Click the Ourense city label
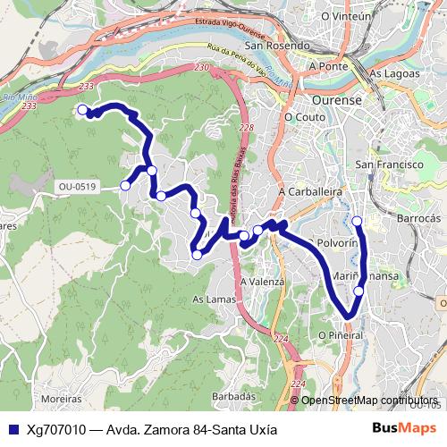(336, 100)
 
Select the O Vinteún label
(345, 16)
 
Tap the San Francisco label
(388, 165)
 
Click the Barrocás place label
(418, 217)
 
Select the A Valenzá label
(262, 281)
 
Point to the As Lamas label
(214, 299)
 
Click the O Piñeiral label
(341, 334)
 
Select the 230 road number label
(200, 67)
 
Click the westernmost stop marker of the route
(82, 110)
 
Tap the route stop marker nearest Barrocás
(357, 221)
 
